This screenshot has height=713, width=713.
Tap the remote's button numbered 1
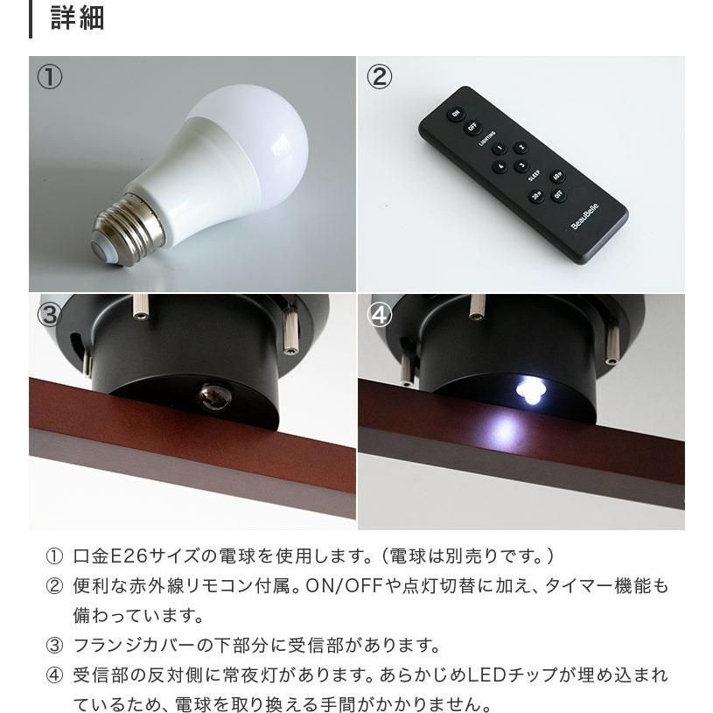coord(500,148)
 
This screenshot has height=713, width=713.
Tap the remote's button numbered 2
coord(521,147)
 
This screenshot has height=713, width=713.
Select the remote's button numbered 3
coord(521,166)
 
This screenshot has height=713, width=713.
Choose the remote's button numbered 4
coord(500,166)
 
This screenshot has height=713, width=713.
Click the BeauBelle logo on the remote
coord(584,216)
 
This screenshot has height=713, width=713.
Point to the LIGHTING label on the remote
coord(486,139)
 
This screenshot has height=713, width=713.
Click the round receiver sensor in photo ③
coord(214,396)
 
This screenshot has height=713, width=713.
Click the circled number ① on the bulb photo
coord(49,77)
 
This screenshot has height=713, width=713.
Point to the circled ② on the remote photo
coord(379,77)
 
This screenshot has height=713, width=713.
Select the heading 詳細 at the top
coord(78,18)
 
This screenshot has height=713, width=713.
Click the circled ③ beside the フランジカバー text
coord(54,646)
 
